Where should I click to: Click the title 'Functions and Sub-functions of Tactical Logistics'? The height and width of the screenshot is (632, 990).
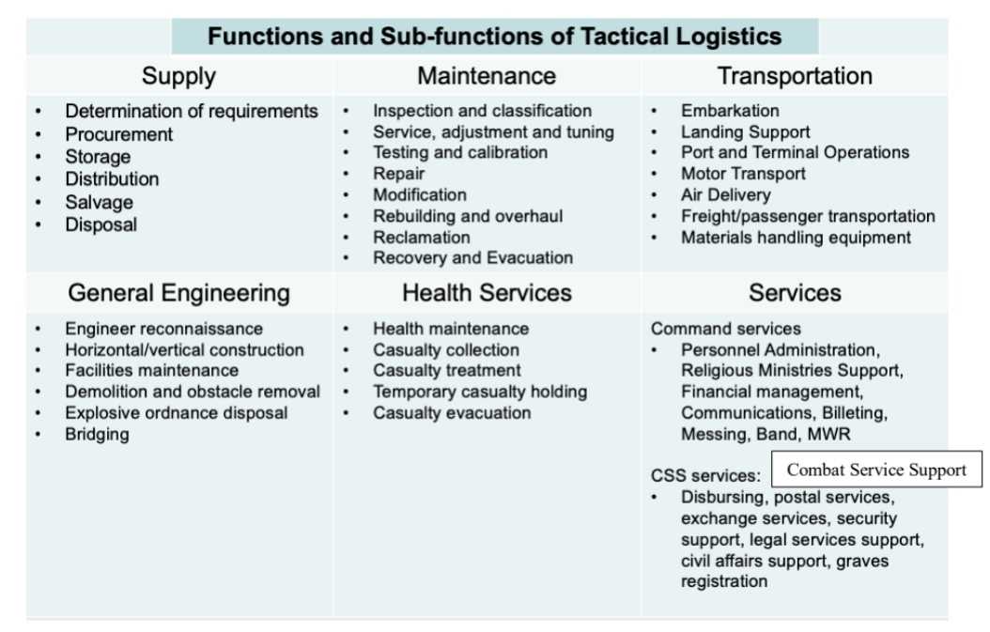tap(494, 37)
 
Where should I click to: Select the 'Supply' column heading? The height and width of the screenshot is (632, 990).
tap(178, 76)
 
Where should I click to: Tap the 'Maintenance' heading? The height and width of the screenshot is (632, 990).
tap(487, 76)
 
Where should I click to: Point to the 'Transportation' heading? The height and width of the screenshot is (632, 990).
tap(795, 76)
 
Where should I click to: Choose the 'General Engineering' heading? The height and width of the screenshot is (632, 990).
tap(178, 293)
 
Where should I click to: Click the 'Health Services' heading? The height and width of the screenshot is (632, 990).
tap(487, 293)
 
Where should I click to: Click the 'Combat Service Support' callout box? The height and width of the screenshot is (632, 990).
tap(876, 470)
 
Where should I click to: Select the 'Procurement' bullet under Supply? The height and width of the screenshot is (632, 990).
tap(118, 134)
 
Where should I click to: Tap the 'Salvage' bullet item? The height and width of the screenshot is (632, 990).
tap(99, 202)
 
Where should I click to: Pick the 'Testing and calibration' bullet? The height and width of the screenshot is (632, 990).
tap(459, 152)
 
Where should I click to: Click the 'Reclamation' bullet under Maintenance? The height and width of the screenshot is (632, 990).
tap(421, 237)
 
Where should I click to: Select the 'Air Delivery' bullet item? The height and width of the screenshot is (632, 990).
tap(725, 195)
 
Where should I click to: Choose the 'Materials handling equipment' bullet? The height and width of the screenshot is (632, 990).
tap(796, 238)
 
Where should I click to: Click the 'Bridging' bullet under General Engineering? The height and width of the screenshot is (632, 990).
tap(97, 434)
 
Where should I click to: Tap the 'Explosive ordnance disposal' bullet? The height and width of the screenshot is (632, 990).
tap(176, 413)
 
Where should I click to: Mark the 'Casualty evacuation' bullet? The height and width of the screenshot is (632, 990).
tap(451, 413)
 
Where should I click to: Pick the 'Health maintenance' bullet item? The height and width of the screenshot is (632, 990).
tap(450, 329)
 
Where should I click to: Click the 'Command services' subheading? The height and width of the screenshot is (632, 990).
tap(725, 329)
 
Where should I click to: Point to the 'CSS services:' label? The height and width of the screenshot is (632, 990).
tap(705, 476)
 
